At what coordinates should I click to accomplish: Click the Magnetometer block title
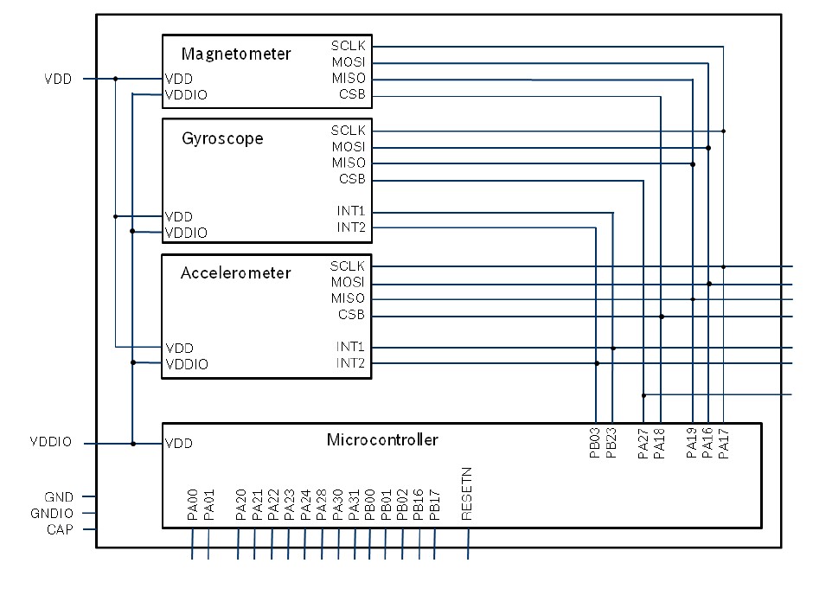236,54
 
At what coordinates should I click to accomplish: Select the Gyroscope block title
222,138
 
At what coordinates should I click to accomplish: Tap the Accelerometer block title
235,273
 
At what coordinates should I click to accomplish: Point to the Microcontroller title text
382,439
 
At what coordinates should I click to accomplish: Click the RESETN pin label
467,493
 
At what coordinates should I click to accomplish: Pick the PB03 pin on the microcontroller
595,442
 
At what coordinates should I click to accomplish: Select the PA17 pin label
724,442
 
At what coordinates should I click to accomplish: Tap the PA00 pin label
192,504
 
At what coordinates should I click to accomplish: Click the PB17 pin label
434,504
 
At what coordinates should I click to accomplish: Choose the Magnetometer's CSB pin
352,94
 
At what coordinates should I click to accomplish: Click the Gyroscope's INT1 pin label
351,211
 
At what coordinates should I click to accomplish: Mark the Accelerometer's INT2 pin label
351,363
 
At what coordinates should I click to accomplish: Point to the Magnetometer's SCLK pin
349,45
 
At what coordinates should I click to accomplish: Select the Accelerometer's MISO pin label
349,298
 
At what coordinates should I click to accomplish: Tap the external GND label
59,497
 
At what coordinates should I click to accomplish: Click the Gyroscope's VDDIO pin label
186,233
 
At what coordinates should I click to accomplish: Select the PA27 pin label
643,442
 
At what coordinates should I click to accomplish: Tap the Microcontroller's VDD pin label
178,444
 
